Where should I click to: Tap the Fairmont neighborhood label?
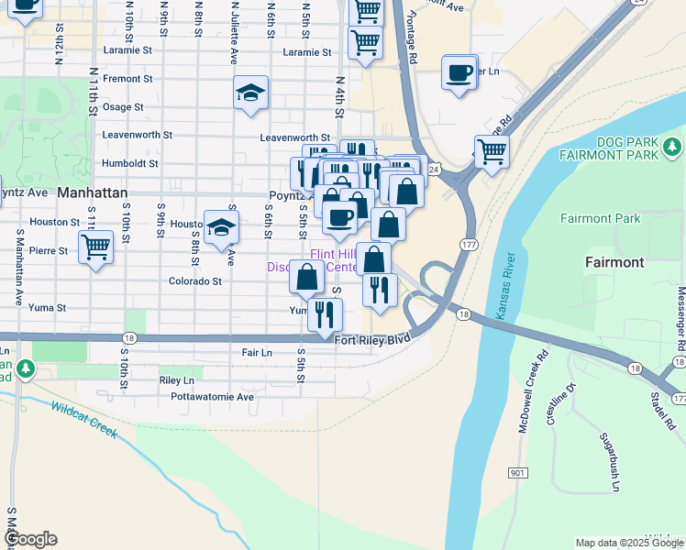(614, 262)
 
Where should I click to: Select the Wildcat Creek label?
(84, 418)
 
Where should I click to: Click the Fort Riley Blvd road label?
(371, 340)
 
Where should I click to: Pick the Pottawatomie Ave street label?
(212, 397)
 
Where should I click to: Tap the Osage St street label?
(123, 107)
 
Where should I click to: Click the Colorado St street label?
(195, 282)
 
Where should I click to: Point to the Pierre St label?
(49, 250)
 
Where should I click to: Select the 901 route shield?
(517, 472)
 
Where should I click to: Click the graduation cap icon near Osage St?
(250, 93)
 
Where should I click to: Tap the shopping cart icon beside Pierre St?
(96, 246)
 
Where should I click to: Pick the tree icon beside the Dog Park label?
(673, 146)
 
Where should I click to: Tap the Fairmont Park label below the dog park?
(600, 218)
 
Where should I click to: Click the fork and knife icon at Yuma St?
(325, 313)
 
